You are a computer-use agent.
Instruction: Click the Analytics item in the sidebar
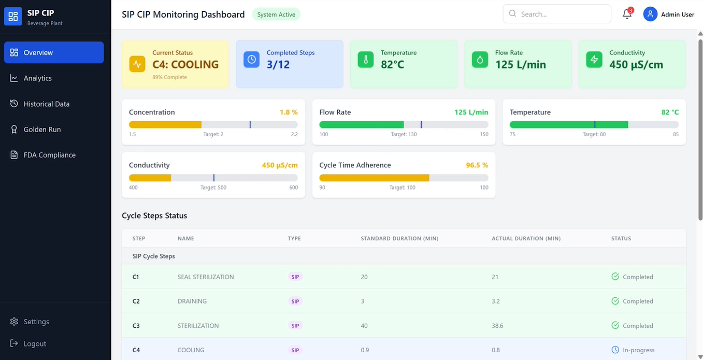pyautogui.click(x=37, y=78)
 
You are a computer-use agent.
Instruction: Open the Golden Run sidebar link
pyautogui.click(x=41, y=129)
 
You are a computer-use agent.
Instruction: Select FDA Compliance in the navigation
pyautogui.click(x=49, y=155)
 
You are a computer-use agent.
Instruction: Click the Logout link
pyautogui.click(x=34, y=344)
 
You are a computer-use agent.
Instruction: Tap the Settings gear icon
pyautogui.click(x=14, y=322)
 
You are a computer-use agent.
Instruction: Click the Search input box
pyautogui.click(x=557, y=14)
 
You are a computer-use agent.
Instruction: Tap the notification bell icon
pyautogui.click(x=627, y=14)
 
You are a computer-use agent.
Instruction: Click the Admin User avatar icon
pyautogui.click(x=650, y=14)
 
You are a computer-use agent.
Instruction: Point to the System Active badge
pyautogui.click(x=276, y=15)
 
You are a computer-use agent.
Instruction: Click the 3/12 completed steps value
pyautogui.click(x=278, y=65)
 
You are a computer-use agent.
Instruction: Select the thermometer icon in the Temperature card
pyautogui.click(x=365, y=60)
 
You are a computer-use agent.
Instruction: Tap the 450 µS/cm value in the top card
pyautogui.click(x=636, y=65)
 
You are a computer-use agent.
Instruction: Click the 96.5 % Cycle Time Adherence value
pyautogui.click(x=477, y=165)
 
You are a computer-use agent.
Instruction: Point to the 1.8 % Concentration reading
pyautogui.click(x=289, y=112)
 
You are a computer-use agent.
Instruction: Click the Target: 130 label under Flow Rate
pyautogui.click(x=404, y=135)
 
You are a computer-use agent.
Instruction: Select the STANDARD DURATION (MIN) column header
pyautogui.click(x=399, y=239)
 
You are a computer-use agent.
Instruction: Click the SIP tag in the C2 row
pyautogui.click(x=295, y=301)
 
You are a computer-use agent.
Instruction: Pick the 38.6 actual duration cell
pyautogui.click(x=497, y=326)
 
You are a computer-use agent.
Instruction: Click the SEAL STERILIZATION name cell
pyautogui.click(x=206, y=277)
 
